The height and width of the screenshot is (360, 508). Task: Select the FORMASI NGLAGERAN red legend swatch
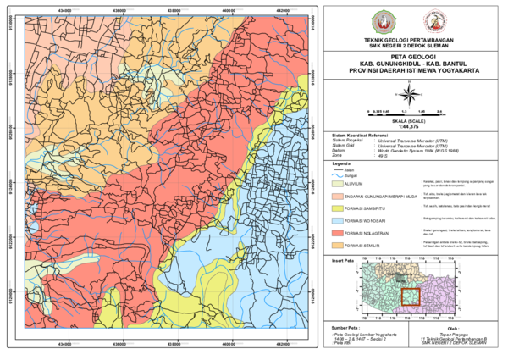(x=338, y=231)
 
